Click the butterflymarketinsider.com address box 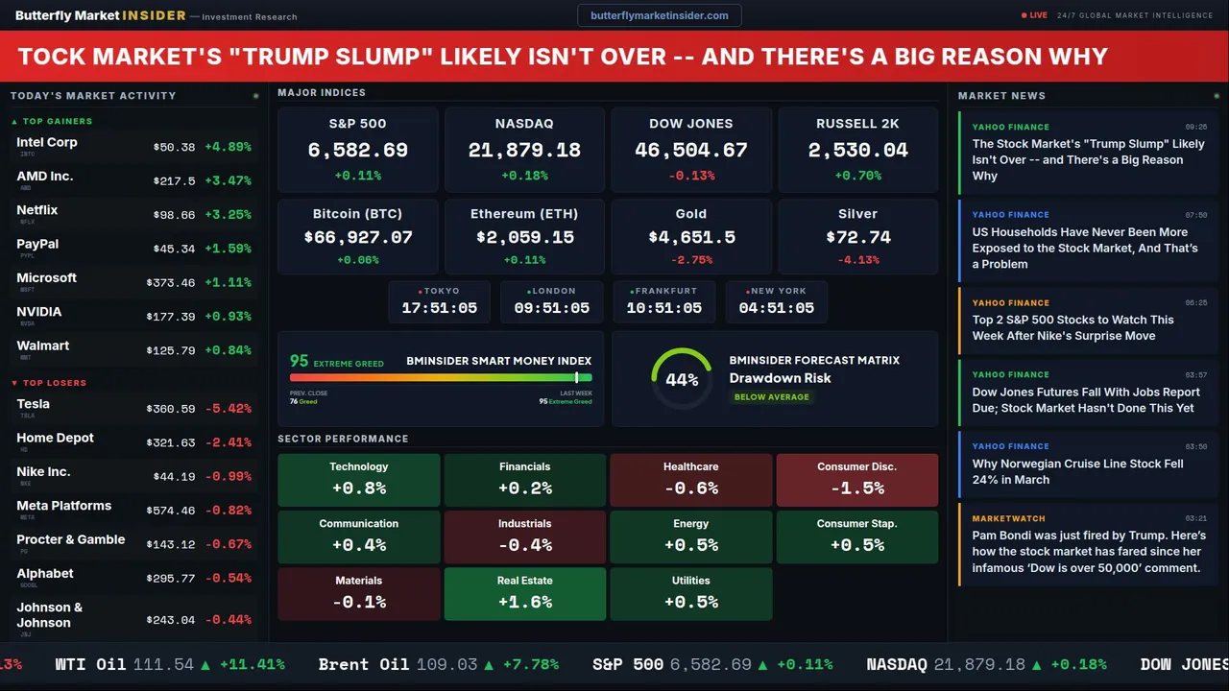(659, 15)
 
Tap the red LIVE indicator (1037, 15)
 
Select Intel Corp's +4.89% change (229, 147)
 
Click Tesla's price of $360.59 (173, 409)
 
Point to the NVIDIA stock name (39, 312)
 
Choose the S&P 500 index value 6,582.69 (357, 151)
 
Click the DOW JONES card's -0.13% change (691, 176)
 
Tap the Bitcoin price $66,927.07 (357, 237)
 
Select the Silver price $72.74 (858, 237)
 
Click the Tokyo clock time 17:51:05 (440, 308)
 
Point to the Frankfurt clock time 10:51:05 (664, 308)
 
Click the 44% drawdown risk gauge (682, 379)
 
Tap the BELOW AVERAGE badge (771, 397)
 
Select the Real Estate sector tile (525, 594)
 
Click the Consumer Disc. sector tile (857, 480)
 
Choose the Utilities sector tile (691, 594)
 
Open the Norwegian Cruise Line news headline (1077, 471)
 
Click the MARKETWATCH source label (1008, 518)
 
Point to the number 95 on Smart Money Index (300, 361)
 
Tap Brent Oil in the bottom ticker (364, 664)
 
